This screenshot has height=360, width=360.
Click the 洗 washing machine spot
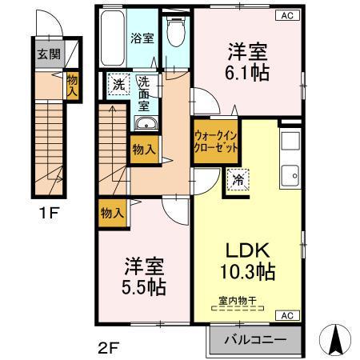(x=118, y=85)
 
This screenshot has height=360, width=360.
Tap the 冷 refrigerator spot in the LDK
(x=238, y=181)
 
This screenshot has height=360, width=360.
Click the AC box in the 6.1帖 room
(x=286, y=15)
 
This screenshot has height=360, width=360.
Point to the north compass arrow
(x=337, y=340)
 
